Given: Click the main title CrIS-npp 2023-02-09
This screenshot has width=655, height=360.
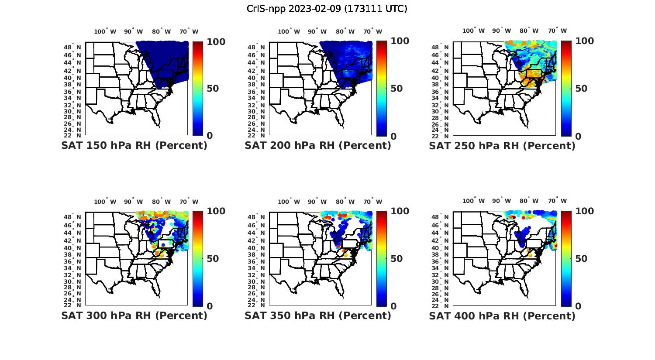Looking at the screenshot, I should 327,9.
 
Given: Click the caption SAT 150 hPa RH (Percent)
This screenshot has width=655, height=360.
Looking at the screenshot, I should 134,145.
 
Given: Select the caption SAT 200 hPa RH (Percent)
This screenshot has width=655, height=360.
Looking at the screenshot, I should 318,145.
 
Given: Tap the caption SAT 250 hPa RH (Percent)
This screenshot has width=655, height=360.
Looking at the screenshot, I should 502,146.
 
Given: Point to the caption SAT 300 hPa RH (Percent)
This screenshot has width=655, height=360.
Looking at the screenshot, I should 134,315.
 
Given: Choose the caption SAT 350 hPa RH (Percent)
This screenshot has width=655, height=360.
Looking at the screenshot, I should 318,315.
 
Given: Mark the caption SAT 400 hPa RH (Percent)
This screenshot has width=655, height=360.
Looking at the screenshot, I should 502,316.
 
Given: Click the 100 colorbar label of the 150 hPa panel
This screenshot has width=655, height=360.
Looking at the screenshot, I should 216,41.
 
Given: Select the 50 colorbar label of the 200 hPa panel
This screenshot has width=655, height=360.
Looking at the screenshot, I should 396,89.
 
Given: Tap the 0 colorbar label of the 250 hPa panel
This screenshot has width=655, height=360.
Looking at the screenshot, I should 579,137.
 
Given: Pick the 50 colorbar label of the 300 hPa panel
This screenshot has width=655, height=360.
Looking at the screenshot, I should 213,259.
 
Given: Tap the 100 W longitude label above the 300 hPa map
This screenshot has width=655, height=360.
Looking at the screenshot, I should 105,202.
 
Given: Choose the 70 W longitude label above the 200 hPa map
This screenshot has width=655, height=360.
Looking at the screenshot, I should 373,31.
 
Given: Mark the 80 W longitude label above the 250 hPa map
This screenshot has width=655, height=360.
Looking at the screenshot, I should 529,31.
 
